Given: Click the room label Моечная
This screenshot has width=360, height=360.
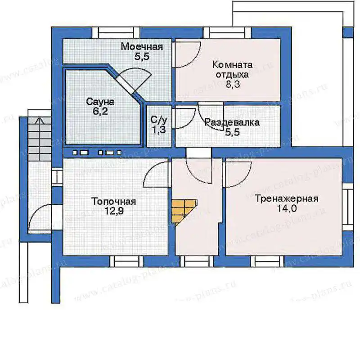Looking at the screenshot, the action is click(142, 47).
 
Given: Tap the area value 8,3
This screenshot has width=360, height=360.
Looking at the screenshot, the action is click(233, 84).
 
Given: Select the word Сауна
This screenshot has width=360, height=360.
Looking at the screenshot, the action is click(100, 102).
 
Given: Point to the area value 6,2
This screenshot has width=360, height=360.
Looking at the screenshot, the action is click(100, 111).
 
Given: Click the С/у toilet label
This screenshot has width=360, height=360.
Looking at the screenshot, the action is click(159, 120).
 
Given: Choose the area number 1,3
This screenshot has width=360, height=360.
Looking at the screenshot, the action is click(159, 130).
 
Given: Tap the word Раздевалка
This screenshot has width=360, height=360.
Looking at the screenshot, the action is click(232, 122).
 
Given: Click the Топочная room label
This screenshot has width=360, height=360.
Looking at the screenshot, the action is click(114, 201).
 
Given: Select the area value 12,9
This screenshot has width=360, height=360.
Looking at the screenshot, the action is click(114, 211).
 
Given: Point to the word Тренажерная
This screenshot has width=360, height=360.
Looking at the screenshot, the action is click(287, 198).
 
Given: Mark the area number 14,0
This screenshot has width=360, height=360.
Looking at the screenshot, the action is click(287, 208).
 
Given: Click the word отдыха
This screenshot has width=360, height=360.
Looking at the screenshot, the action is click(232, 75).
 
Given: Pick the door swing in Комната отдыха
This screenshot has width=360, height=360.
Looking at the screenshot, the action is click(187, 54).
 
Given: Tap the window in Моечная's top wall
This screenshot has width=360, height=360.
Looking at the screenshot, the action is click(116, 32).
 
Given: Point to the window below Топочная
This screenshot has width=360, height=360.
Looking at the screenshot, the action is click(126, 261).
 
